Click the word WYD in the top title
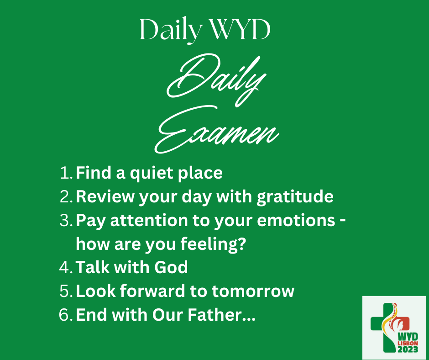pyautogui.click(x=240, y=30)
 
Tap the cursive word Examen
pyautogui.click(x=217, y=130)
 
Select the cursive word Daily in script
pyautogui.click(x=216, y=79)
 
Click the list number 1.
pyautogui.click(x=66, y=173)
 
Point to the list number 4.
pyautogui.click(x=66, y=267)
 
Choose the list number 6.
pyautogui.click(x=66, y=314)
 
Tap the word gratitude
pyautogui.click(x=295, y=197)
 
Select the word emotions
pyautogui.click(x=296, y=221)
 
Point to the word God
pyautogui.click(x=171, y=267)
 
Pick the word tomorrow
pyautogui.click(x=253, y=291)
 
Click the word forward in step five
pyautogui.click(x=152, y=291)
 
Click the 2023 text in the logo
pyautogui.click(x=408, y=349)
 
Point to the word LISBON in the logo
pyautogui.click(x=408, y=343)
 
